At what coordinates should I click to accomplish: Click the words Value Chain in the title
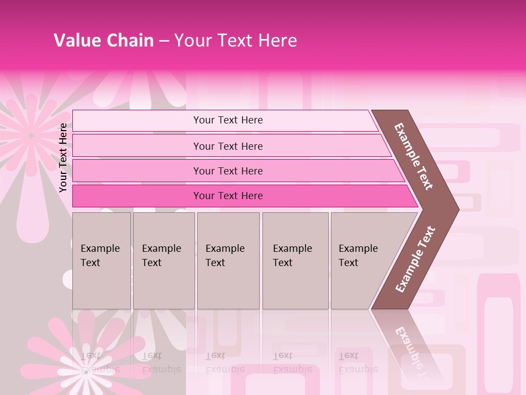tap(104, 41)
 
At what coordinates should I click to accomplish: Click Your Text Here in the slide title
tap(236, 41)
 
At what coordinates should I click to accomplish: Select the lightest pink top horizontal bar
tap(225, 120)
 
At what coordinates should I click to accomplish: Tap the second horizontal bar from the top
tap(230, 146)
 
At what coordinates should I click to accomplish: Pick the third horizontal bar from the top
tap(236, 171)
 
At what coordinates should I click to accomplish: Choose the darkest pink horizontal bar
tap(241, 196)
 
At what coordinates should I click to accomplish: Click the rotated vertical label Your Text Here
tap(63, 157)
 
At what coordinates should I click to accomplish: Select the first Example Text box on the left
tap(101, 261)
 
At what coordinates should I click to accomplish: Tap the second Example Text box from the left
tap(163, 261)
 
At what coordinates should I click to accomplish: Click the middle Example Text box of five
tap(228, 261)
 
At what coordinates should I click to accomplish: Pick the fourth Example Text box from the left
tap(295, 261)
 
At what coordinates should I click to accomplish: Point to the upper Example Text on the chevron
tap(414, 156)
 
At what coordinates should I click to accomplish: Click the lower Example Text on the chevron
tap(415, 259)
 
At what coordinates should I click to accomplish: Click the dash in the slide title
tap(164, 41)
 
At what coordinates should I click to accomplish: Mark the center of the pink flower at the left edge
tap(31, 136)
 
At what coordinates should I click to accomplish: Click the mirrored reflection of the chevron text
tap(410, 348)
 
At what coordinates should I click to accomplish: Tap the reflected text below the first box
tap(100, 362)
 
